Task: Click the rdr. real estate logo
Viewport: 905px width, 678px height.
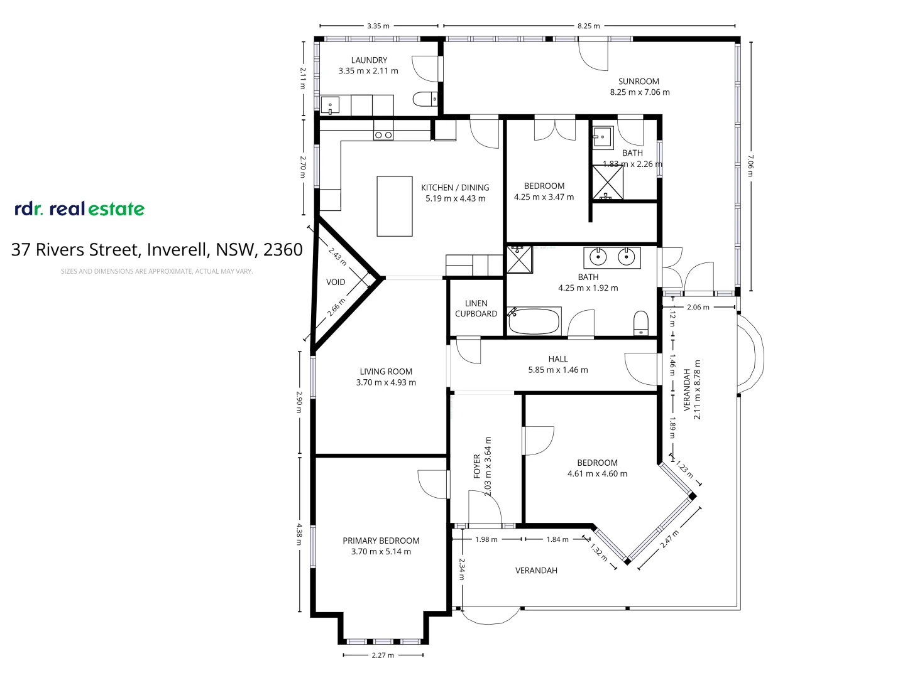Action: [80, 209]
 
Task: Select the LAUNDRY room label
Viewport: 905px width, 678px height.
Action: [369, 65]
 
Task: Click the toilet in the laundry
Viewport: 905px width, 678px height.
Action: [425, 99]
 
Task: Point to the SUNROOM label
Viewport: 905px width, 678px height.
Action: [639, 87]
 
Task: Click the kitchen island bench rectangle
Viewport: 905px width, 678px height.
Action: [395, 206]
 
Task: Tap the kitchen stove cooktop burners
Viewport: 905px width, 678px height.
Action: [383, 135]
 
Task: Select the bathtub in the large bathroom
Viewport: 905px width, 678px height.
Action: [534, 321]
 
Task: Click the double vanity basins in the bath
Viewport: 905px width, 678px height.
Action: [612, 257]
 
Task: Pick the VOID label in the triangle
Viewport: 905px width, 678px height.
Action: [336, 282]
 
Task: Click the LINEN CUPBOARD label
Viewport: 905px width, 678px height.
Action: [476, 308]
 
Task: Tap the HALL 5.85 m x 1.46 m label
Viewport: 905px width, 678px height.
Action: [558, 364]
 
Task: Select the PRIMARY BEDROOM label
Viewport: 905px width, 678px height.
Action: [381, 546]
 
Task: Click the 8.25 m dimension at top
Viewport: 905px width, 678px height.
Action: [588, 26]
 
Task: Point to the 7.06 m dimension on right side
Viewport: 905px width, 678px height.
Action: [750, 166]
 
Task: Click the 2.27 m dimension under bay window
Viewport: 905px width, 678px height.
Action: [383, 655]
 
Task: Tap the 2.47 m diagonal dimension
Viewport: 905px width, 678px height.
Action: [669, 539]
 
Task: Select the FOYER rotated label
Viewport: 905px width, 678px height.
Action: [482, 466]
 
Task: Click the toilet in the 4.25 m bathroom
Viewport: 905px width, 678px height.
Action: [640, 323]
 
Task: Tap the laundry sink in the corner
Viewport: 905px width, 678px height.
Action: [330, 105]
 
